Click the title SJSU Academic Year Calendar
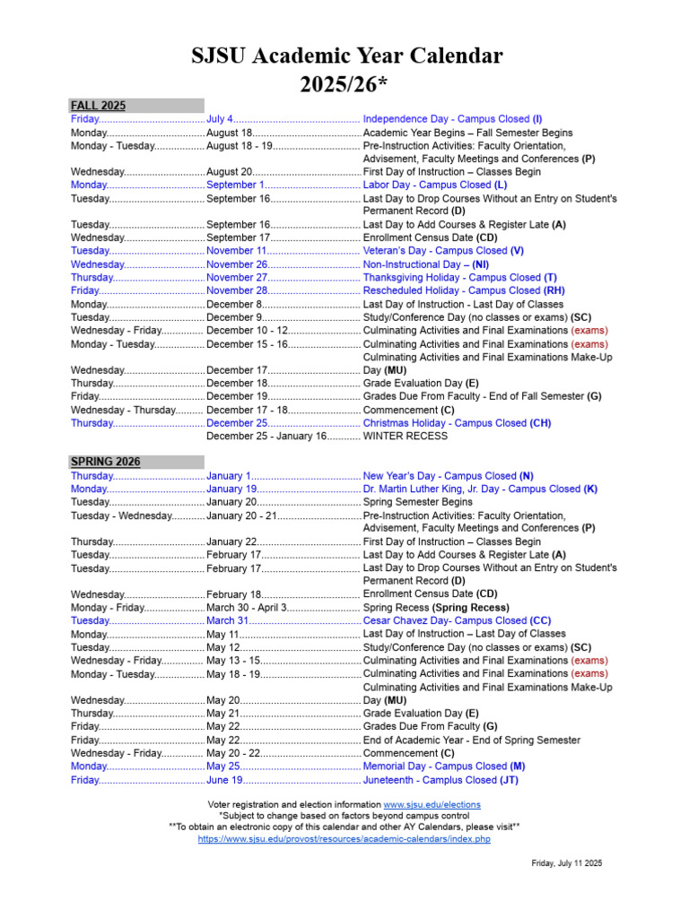(347, 56)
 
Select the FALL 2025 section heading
(99, 106)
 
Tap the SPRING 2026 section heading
(105, 462)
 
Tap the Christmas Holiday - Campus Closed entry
(456, 423)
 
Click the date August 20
(230, 172)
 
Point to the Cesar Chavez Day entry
(457, 620)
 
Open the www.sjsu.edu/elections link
(432, 805)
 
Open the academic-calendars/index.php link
(344, 839)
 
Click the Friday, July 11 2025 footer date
(566, 862)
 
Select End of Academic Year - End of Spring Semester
(471, 740)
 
